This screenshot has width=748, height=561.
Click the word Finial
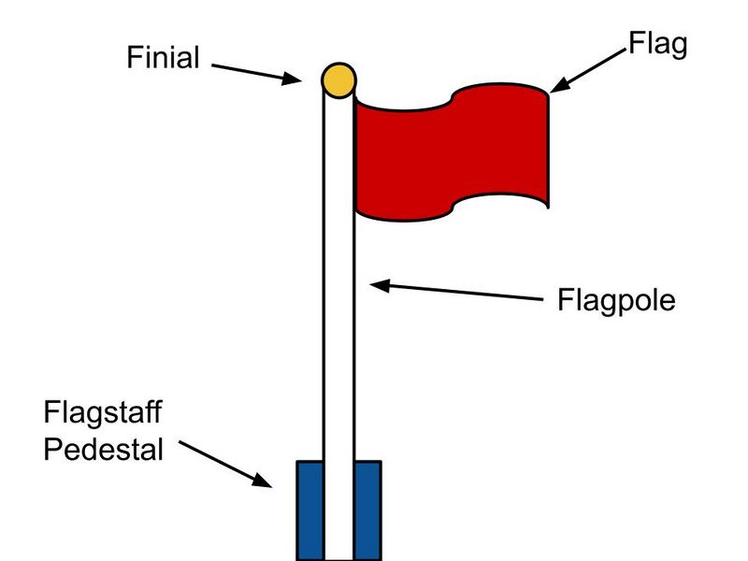point(164,58)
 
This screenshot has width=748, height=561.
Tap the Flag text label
point(657,43)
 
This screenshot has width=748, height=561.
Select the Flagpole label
point(616,301)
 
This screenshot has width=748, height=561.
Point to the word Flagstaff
point(102,412)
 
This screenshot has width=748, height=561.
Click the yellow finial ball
point(338,79)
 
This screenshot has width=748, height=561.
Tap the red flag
point(449,154)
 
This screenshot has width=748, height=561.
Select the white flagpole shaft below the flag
point(338,355)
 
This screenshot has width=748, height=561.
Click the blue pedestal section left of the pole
point(309,510)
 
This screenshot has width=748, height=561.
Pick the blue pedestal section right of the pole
point(367,510)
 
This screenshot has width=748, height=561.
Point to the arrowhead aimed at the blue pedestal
point(263,482)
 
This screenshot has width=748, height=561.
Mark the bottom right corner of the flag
point(548,207)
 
